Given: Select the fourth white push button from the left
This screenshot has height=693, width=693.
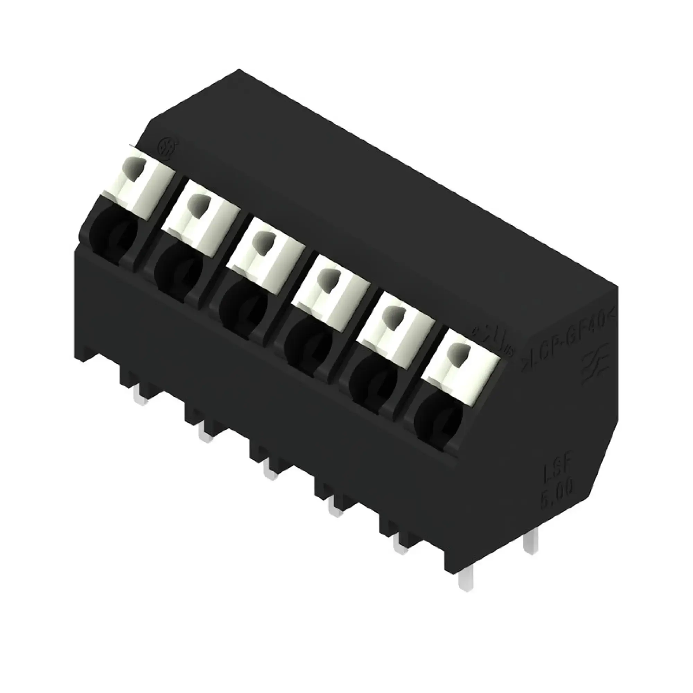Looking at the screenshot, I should (x=330, y=287).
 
